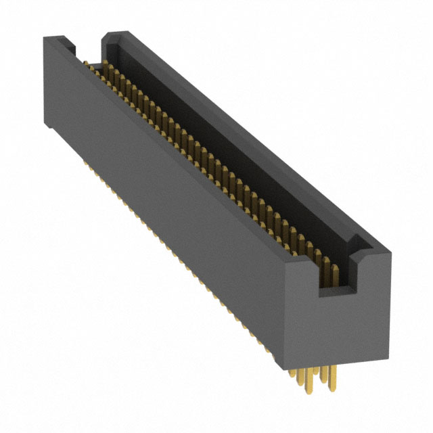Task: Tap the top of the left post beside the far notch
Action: [x=57, y=40]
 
